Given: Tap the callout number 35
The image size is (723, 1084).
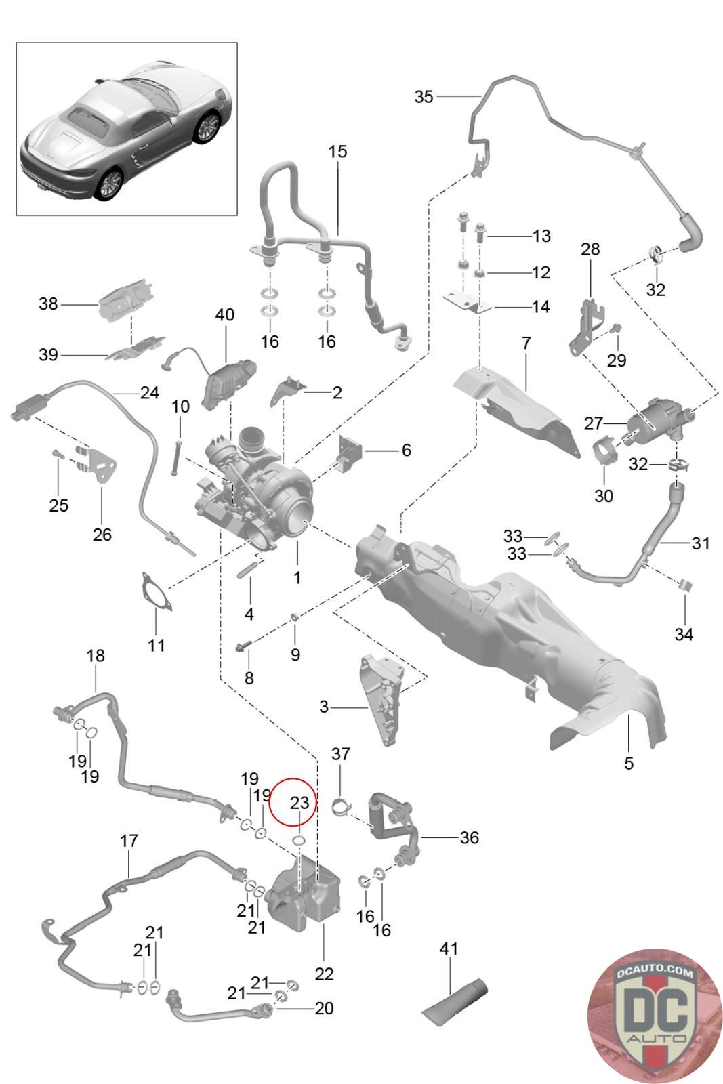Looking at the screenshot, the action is tap(424, 97).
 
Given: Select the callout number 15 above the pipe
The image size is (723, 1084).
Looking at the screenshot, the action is tap(338, 152).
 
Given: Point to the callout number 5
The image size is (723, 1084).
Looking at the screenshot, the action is tap(629, 763).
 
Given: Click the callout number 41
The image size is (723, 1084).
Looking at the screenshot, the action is tap(449, 948).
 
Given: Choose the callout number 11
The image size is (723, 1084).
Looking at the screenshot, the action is tap(157, 645).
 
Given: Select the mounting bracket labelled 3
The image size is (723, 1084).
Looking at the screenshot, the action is tap(382, 699).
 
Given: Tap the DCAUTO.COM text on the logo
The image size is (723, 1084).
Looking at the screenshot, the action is tap(655, 973).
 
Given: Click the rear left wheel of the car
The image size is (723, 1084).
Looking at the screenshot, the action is tap(111, 184).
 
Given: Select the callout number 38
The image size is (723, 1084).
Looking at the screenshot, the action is tap(48, 304).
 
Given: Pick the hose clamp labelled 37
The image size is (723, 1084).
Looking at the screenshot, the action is tap(342, 807).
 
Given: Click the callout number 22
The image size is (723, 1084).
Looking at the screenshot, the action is tap(324, 974).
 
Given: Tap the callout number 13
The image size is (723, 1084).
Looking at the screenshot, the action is tap(541, 236).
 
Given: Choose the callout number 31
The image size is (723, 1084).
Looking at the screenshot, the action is tap(700, 543).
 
